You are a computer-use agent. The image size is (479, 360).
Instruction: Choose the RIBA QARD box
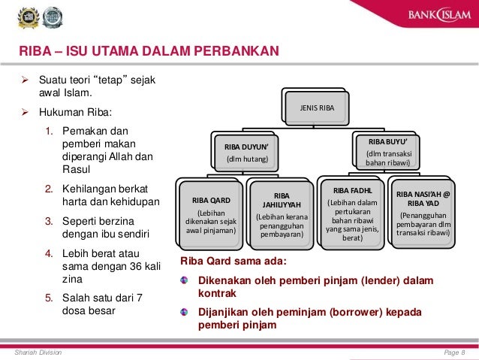[x=210, y=215]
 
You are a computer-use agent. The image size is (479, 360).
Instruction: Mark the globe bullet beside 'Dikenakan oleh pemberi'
[x=185, y=280]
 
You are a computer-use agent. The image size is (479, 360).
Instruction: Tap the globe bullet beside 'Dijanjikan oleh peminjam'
[x=185, y=312]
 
